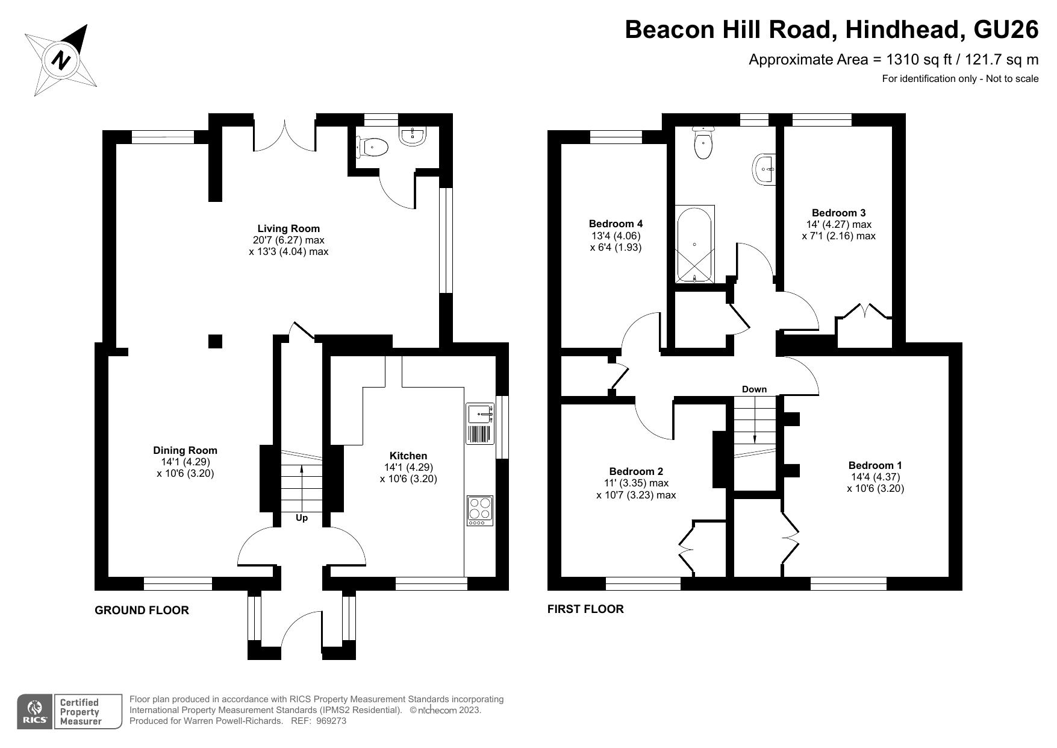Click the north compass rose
[x=61, y=60]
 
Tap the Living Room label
[x=288, y=228]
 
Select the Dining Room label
[x=185, y=450]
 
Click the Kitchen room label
[x=408, y=456]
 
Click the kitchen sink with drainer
[x=479, y=424]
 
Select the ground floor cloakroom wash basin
[x=413, y=136]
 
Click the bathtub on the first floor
[x=694, y=244]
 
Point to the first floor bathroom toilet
[x=702, y=143]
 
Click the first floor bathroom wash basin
[x=764, y=169]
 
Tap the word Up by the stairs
[x=302, y=518]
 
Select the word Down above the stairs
[x=754, y=389]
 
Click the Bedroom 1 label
[x=875, y=465]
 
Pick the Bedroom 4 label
[x=615, y=224]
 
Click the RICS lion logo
[x=35, y=711]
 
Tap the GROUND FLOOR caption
[x=142, y=610]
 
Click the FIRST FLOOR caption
[x=585, y=609]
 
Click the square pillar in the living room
[x=215, y=341]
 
